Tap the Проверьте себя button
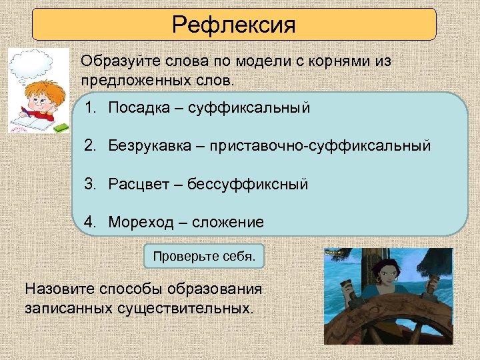[204, 256]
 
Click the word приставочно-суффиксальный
[320, 145]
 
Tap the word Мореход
[140, 222]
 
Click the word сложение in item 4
[228, 222]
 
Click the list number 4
[89, 222]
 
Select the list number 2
[89, 145]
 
